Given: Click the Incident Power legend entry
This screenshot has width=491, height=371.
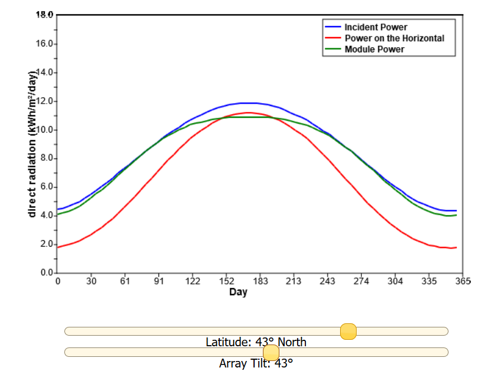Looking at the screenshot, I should (x=375, y=27).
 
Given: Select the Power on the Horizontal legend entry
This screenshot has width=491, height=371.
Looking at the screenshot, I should (x=394, y=38).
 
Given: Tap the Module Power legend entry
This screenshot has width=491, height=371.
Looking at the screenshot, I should (x=374, y=49).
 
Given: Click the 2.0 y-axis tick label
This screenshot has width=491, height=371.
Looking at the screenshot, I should (x=47, y=244).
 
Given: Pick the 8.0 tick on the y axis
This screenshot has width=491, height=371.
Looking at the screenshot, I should (x=47, y=158).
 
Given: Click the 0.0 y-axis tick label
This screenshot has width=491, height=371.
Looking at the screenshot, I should (x=47, y=273).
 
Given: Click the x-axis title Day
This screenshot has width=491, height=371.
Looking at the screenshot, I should (x=238, y=293).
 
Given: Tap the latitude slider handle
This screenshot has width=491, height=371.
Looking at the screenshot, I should (x=348, y=332).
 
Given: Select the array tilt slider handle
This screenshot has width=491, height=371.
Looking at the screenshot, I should (x=271, y=352).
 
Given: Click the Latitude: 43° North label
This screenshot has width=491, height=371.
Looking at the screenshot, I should (x=256, y=342).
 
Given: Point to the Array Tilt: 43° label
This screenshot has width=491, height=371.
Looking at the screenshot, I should (x=256, y=363).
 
